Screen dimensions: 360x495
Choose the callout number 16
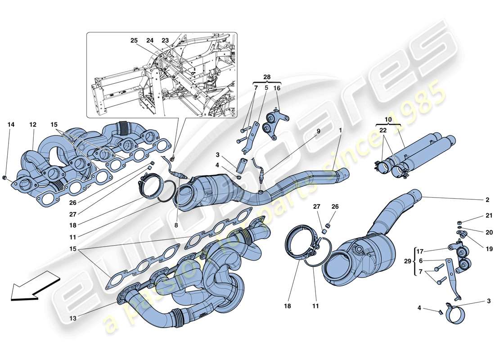[x=277, y=88]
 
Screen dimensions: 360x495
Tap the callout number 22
[x=383, y=130]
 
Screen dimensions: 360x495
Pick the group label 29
[x=407, y=261]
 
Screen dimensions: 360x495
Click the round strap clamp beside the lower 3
[x=454, y=314]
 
